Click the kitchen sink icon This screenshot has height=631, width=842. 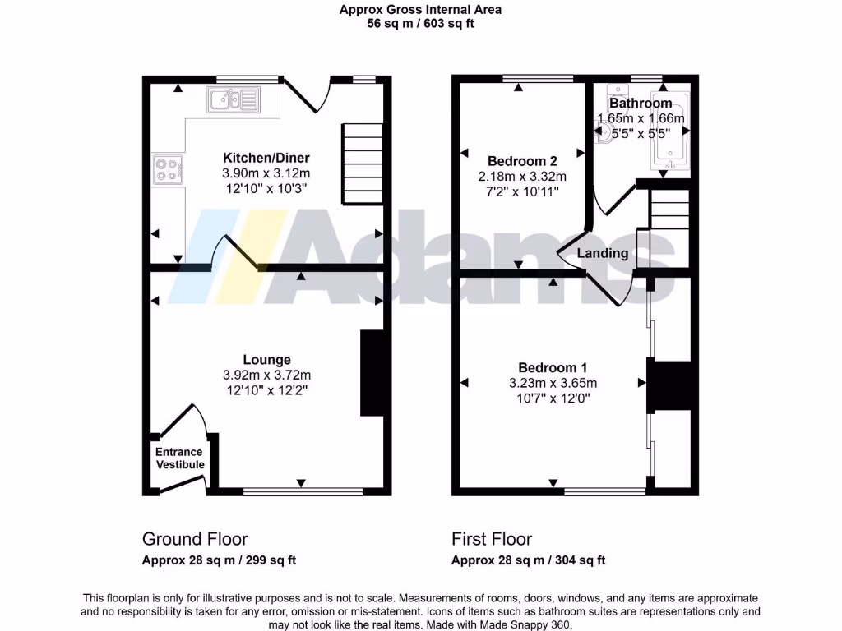point(234,101)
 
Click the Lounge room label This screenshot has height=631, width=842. point(266,359)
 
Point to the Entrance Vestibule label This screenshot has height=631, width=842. point(180,458)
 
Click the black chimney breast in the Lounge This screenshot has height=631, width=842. point(372,373)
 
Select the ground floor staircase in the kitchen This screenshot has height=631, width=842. point(362,164)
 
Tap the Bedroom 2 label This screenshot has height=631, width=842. point(522,160)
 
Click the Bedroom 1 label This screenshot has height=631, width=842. point(552,367)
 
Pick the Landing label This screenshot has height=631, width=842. point(603,253)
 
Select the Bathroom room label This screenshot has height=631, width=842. point(640,104)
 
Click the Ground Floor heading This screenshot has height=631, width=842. point(195,539)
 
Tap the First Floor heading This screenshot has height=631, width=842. point(492,539)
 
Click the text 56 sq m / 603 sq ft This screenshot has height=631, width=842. point(420,24)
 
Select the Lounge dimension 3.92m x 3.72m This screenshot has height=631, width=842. point(266,375)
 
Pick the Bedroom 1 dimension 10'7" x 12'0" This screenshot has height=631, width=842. point(552,398)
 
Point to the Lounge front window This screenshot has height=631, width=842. point(303,492)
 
